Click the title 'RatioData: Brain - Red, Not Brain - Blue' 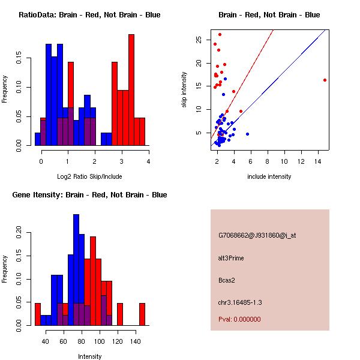point(89,15)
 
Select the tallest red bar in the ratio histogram point(131,90)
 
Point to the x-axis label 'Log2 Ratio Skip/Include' point(89,176)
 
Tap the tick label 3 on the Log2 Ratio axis point(121,161)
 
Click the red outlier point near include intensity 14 point(325,80)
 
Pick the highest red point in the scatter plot point(220,34)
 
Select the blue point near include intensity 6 point(247,134)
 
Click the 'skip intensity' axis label point(184,89)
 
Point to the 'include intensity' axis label point(269,176)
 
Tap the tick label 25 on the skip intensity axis point(199,40)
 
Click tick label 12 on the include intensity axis point(301,161)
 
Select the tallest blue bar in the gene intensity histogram point(76,270)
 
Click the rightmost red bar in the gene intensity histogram point(142,314)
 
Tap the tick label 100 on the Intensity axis point(99,341)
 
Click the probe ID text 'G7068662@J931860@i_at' point(257,235)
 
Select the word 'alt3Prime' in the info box point(231,258)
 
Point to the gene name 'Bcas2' point(227,280)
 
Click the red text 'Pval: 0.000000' point(239,319)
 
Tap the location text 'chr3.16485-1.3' point(240,302)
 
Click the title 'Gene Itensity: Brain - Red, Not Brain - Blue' point(89,195)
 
